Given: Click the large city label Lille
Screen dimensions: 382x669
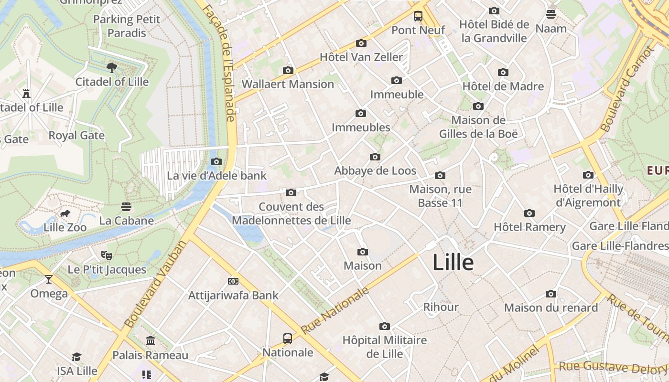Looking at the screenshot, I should (x=453, y=263).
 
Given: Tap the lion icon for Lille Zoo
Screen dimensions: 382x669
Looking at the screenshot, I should (x=65, y=214).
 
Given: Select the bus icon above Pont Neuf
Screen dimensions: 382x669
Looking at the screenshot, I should (x=418, y=16).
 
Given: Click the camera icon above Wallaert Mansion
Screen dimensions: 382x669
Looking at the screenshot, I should (x=288, y=71).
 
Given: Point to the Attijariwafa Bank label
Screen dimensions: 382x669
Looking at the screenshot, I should (x=233, y=295).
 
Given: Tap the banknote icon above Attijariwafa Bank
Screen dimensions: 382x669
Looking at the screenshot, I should (x=233, y=281).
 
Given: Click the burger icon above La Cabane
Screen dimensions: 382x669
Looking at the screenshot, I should (x=126, y=207).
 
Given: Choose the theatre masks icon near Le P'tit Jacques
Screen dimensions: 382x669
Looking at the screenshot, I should (x=107, y=255).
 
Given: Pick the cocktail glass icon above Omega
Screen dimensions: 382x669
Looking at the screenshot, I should (x=49, y=279).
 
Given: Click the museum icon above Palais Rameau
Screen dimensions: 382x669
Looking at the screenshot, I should (x=151, y=341).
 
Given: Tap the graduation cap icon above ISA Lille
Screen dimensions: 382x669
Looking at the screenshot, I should (x=77, y=357).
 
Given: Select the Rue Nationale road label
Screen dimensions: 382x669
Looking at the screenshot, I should (x=335, y=311).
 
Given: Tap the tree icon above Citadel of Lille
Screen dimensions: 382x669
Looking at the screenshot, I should (x=112, y=68).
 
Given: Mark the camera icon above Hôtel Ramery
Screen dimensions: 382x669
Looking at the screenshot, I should (x=529, y=213).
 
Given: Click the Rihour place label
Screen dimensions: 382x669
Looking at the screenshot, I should (x=441, y=307).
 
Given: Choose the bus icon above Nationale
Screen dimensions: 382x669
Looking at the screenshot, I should (x=288, y=339).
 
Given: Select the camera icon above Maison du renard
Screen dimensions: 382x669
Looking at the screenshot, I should (x=551, y=294).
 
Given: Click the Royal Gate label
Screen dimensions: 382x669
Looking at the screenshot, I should (x=76, y=136).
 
